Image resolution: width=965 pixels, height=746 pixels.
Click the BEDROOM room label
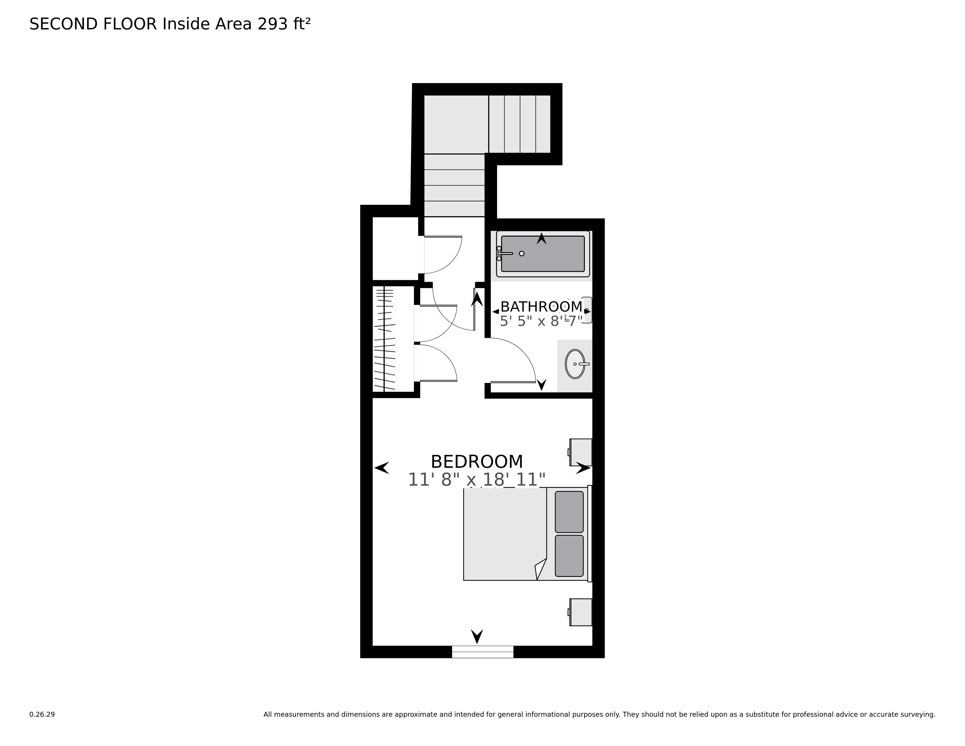(476, 462)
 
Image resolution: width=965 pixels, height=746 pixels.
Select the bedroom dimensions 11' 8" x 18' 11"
(476, 480)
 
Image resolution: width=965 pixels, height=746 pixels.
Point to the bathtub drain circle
(521, 253)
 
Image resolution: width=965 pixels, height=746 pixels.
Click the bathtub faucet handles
(500, 253)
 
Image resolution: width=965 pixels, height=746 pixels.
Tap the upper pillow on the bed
(569, 512)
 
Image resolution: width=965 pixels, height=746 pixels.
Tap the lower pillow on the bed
(569, 556)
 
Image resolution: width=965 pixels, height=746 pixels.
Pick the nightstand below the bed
(580, 612)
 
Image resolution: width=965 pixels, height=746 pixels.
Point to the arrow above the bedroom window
(477, 636)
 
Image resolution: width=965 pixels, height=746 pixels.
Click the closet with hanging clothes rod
(385, 338)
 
